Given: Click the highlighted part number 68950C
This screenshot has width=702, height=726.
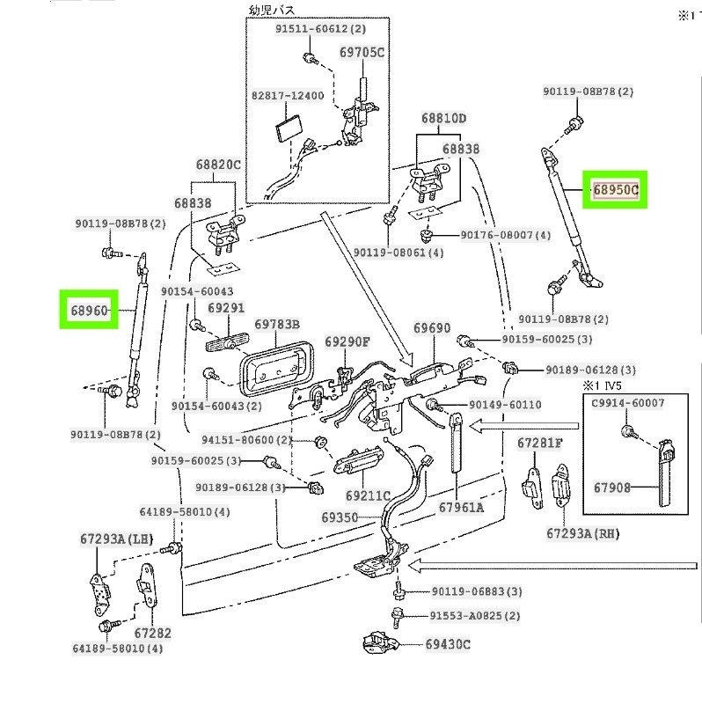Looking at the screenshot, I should (614, 189).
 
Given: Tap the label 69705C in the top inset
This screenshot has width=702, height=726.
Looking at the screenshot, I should (362, 53).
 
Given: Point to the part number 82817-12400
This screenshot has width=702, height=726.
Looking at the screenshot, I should (287, 95).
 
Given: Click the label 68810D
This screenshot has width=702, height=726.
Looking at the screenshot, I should (442, 118).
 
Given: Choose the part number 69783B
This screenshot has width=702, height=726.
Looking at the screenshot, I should (277, 326).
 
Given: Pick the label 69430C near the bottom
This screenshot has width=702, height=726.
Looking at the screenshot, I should (448, 644).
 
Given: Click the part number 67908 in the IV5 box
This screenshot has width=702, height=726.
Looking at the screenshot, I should (611, 487).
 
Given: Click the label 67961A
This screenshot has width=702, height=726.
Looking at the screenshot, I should (461, 507).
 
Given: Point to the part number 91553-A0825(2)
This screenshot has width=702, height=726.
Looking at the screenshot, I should (475, 616).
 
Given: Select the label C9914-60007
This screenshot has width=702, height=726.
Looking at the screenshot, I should (627, 403).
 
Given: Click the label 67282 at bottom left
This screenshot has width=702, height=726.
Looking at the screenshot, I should (152, 633).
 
